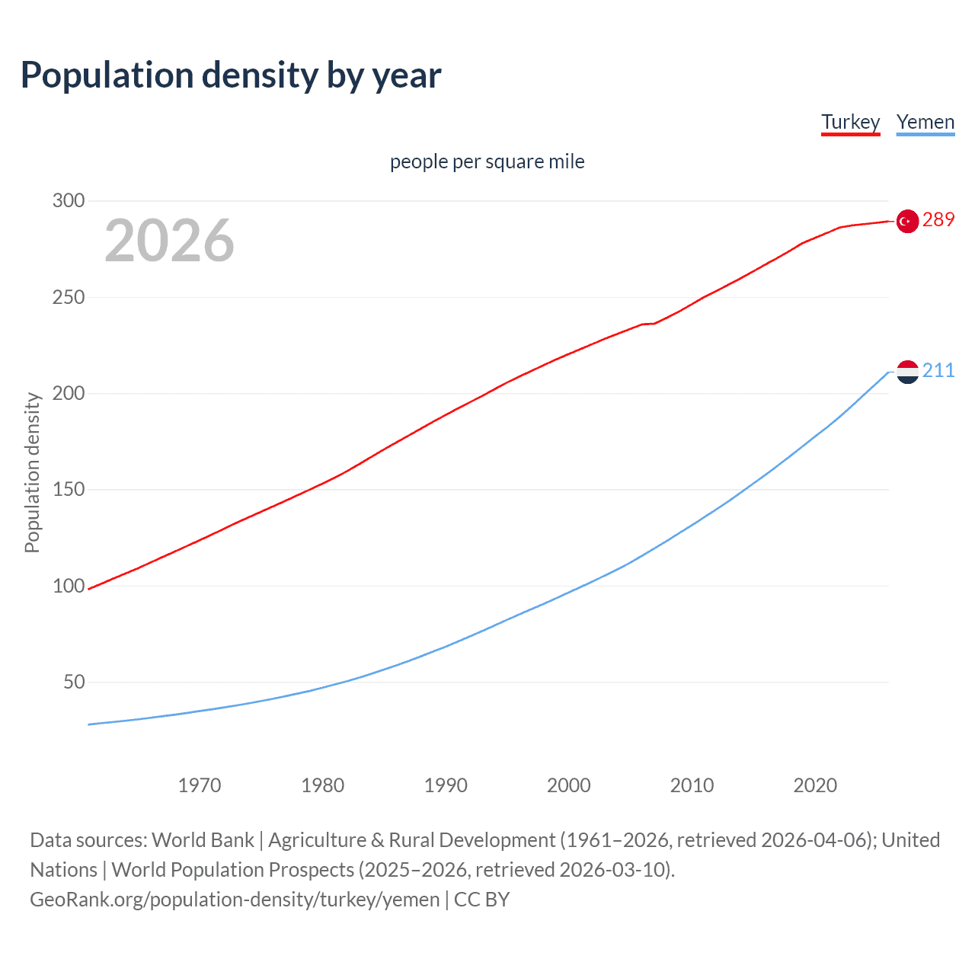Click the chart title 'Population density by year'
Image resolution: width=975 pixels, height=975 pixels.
(x=231, y=75)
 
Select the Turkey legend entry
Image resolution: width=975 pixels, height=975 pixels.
(x=850, y=123)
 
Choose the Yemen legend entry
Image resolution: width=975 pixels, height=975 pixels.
(x=925, y=123)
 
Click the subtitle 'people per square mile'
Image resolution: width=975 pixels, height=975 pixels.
(x=487, y=162)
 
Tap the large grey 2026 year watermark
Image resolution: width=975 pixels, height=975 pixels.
(x=169, y=241)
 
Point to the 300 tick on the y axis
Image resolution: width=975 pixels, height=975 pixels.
(x=69, y=201)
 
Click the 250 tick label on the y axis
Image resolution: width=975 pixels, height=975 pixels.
(x=69, y=297)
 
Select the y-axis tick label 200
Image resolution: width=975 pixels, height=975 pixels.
(x=69, y=394)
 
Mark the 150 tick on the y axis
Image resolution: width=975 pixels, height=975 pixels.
(x=69, y=490)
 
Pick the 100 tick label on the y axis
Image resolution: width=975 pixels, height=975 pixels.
(x=69, y=586)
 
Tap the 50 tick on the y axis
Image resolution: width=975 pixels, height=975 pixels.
(x=74, y=682)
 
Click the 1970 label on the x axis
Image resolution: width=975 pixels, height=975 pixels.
(x=200, y=785)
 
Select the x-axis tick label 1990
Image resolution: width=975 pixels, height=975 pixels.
(x=446, y=785)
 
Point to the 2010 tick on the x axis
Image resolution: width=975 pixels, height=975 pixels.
(x=692, y=785)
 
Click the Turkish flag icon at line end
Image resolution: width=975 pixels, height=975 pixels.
(x=907, y=221)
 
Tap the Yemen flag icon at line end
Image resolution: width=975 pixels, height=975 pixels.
(x=907, y=372)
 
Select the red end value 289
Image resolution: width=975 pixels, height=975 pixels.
(x=938, y=220)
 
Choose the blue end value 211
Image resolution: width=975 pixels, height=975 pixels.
(x=938, y=371)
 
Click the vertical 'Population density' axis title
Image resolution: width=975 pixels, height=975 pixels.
(x=32, y=472)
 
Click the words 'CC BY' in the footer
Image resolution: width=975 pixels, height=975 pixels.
(x=481, y=900)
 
